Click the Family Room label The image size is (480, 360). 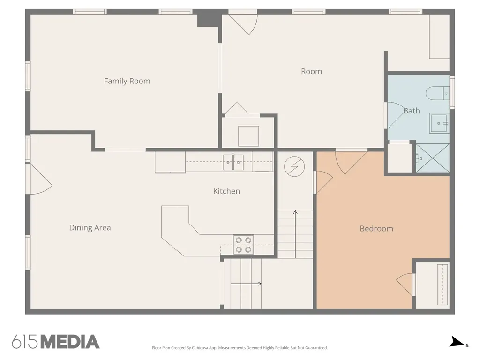pos(127,81)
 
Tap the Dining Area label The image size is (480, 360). pos(90,228)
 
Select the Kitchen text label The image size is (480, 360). pos(226,191)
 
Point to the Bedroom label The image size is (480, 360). pos(376,229)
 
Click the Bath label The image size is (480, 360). pos(412,111)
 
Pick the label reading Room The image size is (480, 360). pos(312,71)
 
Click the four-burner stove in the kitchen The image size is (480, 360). pos(243,245)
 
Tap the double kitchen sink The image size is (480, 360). pos(233,162)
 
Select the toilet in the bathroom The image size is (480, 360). pos(438,93)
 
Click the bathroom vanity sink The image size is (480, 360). pos(440,123)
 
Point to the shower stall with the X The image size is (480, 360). pos(433,158)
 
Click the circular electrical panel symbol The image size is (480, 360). pos(294,166)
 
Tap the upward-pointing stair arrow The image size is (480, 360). pos(295,234)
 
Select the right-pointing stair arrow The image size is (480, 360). pos(246,284)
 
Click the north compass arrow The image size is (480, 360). pos(457,342)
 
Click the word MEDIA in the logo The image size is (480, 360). pos(70,342)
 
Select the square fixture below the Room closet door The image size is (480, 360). pos(248,136)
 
